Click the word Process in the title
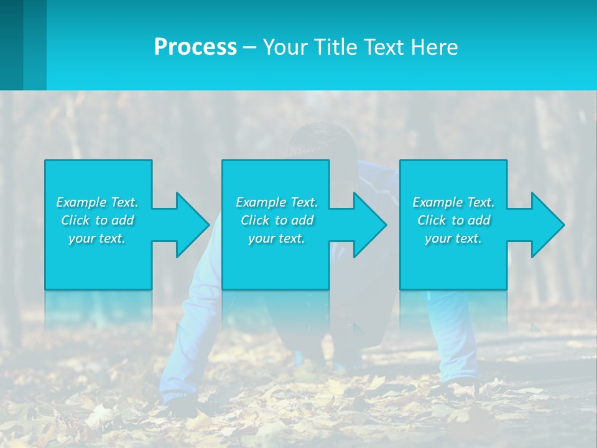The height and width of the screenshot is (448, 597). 195,47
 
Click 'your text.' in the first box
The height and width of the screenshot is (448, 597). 97,238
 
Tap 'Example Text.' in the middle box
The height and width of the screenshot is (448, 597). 277,202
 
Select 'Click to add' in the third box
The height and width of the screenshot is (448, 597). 454,220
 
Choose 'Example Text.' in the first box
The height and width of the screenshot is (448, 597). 97,202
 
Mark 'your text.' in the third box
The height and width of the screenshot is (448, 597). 453,238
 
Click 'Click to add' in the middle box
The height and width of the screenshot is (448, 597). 277,220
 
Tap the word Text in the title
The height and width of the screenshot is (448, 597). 382,47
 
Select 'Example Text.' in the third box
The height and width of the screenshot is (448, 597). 453,202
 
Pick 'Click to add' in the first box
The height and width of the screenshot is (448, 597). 97,220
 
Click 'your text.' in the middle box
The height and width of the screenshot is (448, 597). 277,238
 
